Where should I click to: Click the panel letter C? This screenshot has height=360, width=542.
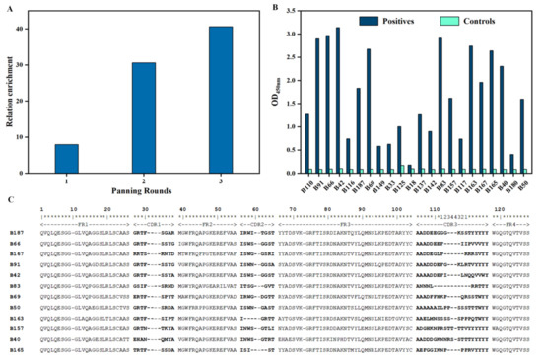[x=7, y=200]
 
